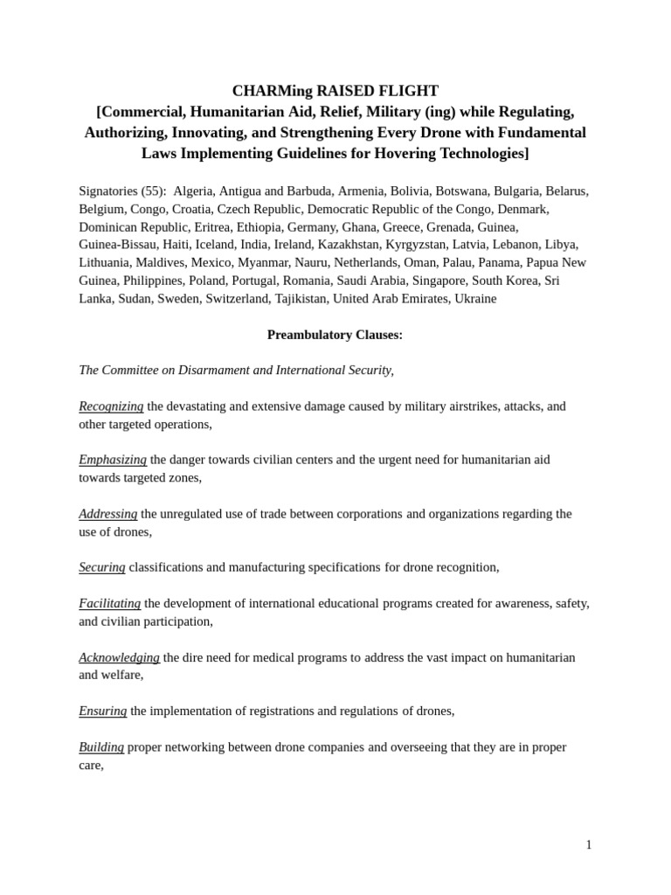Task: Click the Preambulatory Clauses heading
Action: [x=335, y=334]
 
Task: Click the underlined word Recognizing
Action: [x=111, y=406]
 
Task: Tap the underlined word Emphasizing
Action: [x=113, y=460]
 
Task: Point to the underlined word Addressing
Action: [x=108, y=514]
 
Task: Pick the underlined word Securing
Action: [x=102, y=567]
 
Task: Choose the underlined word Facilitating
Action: [x=110, y=603]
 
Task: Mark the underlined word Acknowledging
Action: [x=119, y=657]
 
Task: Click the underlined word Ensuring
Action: [x=103, y=711]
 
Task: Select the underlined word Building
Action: [x=101, y=747]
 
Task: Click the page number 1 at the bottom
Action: [x=589, y=844]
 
